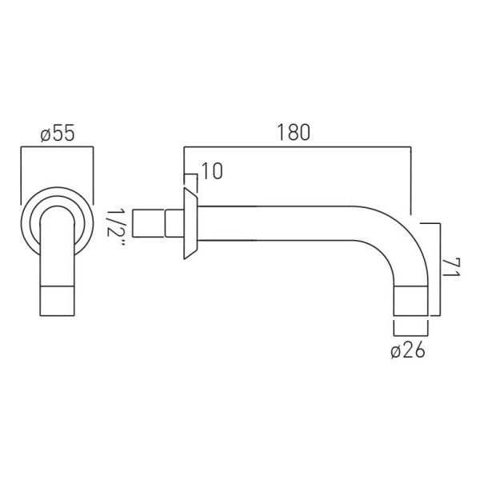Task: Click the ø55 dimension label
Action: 58,134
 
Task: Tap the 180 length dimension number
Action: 294,132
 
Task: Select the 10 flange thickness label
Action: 212,171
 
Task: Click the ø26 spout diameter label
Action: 408,350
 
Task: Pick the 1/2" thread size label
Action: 116,226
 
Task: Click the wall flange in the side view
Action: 190,223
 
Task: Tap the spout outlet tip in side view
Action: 411,301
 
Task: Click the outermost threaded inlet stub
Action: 149,223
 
